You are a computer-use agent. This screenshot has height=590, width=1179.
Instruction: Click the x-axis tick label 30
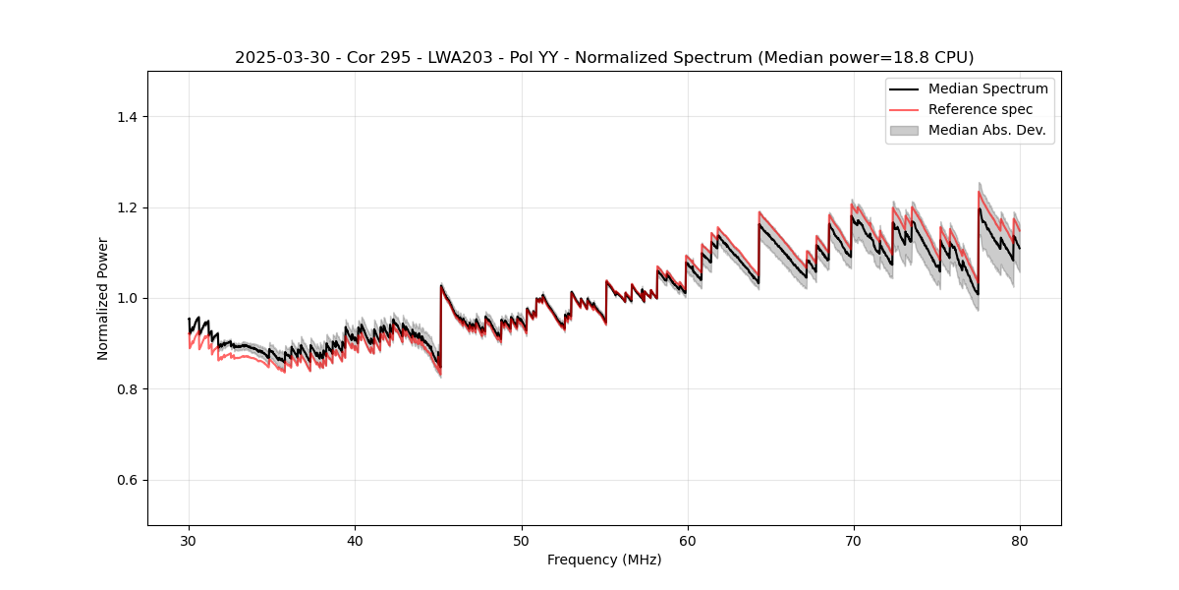pyautogui.click(x=189, y=540)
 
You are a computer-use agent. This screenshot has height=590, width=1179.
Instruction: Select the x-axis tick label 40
pyautogui.click(x=355, y=540)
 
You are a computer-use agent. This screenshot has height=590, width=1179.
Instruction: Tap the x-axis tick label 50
pyautogui.click(x=521, y=540)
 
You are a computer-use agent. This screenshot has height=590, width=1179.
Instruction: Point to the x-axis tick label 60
pyautogui.click(x=687, y=540)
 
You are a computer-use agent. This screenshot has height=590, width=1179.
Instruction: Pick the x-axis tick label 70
pyautogui.click(x=854, y=540)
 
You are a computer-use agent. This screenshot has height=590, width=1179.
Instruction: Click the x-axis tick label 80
pyautogui.click(x=1020, y=540)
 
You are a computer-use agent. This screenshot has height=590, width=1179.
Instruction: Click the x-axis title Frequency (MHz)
pyautogui.click(x=604, y=560)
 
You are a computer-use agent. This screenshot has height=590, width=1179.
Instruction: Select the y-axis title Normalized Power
pyautogui.click(x=103, y=298)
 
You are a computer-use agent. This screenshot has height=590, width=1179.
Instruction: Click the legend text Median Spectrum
pyautogui.click(x=988, y=88)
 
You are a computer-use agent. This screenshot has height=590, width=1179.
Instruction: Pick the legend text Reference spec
pyautogui.click(x=981, y=109)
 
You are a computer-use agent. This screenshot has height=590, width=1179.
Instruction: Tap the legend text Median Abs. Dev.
pyautogui.click(x=987, y=130)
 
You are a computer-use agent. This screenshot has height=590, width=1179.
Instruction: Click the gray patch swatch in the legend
pyautogui.click(x=904, y=130)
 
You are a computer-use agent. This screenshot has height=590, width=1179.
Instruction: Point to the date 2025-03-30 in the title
pyautogui.click(x=277, y=58)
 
